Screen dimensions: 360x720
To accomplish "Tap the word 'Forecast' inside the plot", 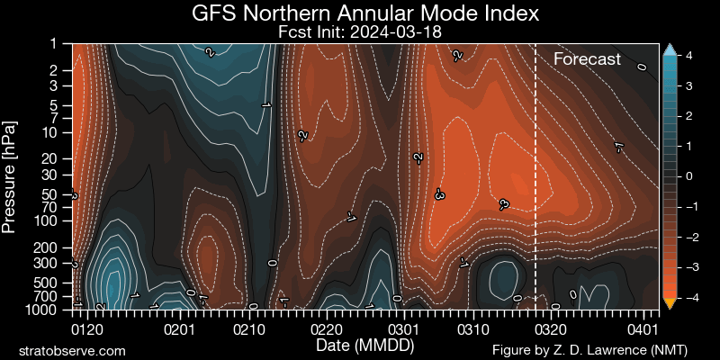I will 587,59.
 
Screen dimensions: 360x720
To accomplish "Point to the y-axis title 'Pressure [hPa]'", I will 11,175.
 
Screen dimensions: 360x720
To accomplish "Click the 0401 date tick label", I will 643,329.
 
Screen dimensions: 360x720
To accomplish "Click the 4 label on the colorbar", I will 688,56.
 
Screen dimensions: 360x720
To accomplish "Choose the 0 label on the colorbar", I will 688,176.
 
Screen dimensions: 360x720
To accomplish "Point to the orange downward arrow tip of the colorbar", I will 669,303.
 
